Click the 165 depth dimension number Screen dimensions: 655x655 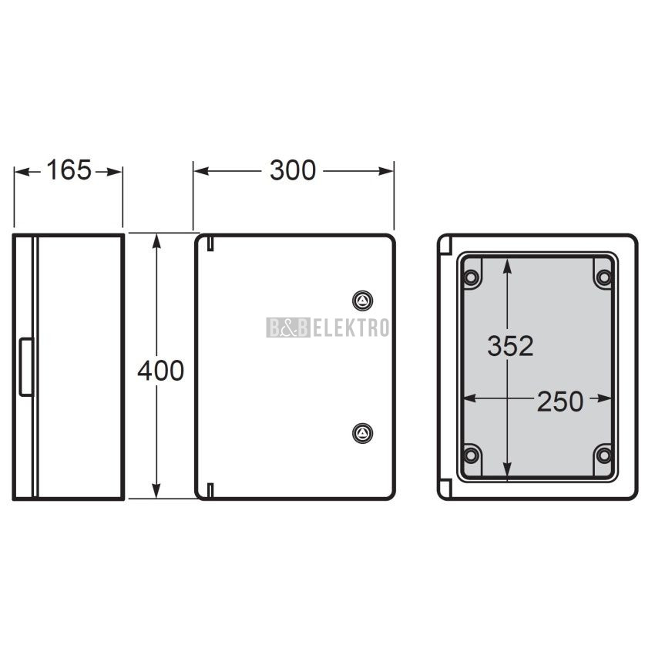[x=69, y=170]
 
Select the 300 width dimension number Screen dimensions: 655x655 [x=292, y=170]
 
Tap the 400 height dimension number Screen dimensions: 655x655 [x=161, y=371]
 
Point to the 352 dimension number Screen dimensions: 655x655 [x=510, y=346]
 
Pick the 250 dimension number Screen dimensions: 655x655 [x=559, y=401]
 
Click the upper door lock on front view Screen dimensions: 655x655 [x=362, y=301]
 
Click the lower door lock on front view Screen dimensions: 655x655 [x=362, y=433]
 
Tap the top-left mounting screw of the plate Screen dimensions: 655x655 [x=471, y=277]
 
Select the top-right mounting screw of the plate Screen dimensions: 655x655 [x=603, y=277]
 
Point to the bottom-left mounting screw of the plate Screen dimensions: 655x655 [x=471, y=455]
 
